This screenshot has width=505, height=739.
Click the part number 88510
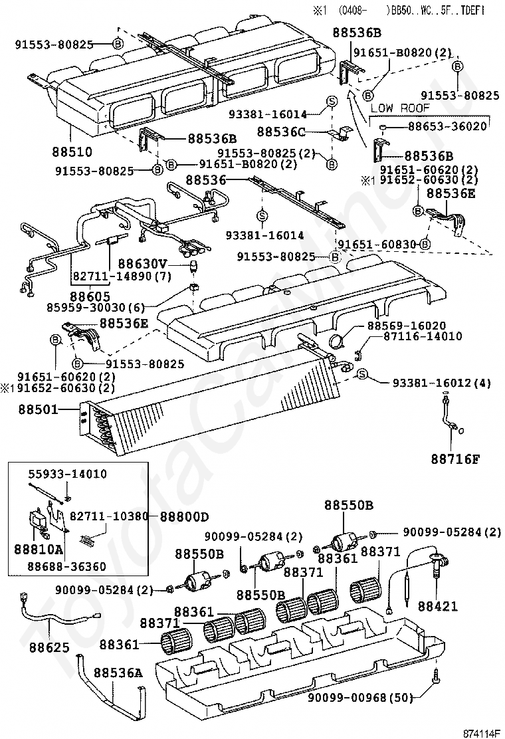pos(72,152)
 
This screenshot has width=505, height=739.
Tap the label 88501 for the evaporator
pos(39,409)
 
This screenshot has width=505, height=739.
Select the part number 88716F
pos(455,459)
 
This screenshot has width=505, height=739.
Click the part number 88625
pos(49,647)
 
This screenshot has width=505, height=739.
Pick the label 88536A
pos(118,673)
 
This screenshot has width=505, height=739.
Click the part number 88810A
pos(39,550)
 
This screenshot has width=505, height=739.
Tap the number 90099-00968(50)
pos(360,697)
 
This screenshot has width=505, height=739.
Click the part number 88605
pos(90,296)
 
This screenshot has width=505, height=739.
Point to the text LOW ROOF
pos(400,108)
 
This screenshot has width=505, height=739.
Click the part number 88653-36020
pos(447,126)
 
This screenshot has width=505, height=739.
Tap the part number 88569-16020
pos(407,325)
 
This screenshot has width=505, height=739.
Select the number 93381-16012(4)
pos(441,383)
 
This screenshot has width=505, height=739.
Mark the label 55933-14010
pos(67,474)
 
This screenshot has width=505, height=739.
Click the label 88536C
pos(281,132)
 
